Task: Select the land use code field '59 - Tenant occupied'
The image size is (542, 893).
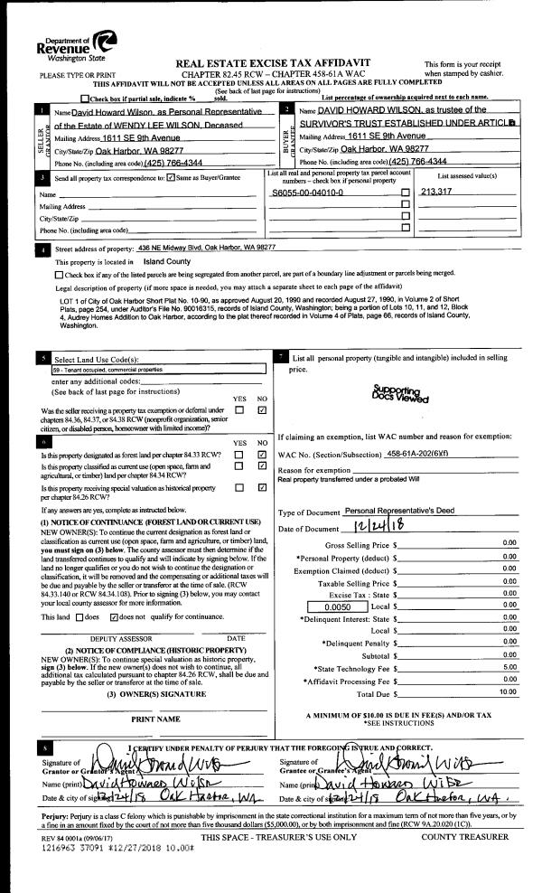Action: (x=133, y=369)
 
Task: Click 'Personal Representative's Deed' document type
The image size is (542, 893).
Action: (x=403, y=512)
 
